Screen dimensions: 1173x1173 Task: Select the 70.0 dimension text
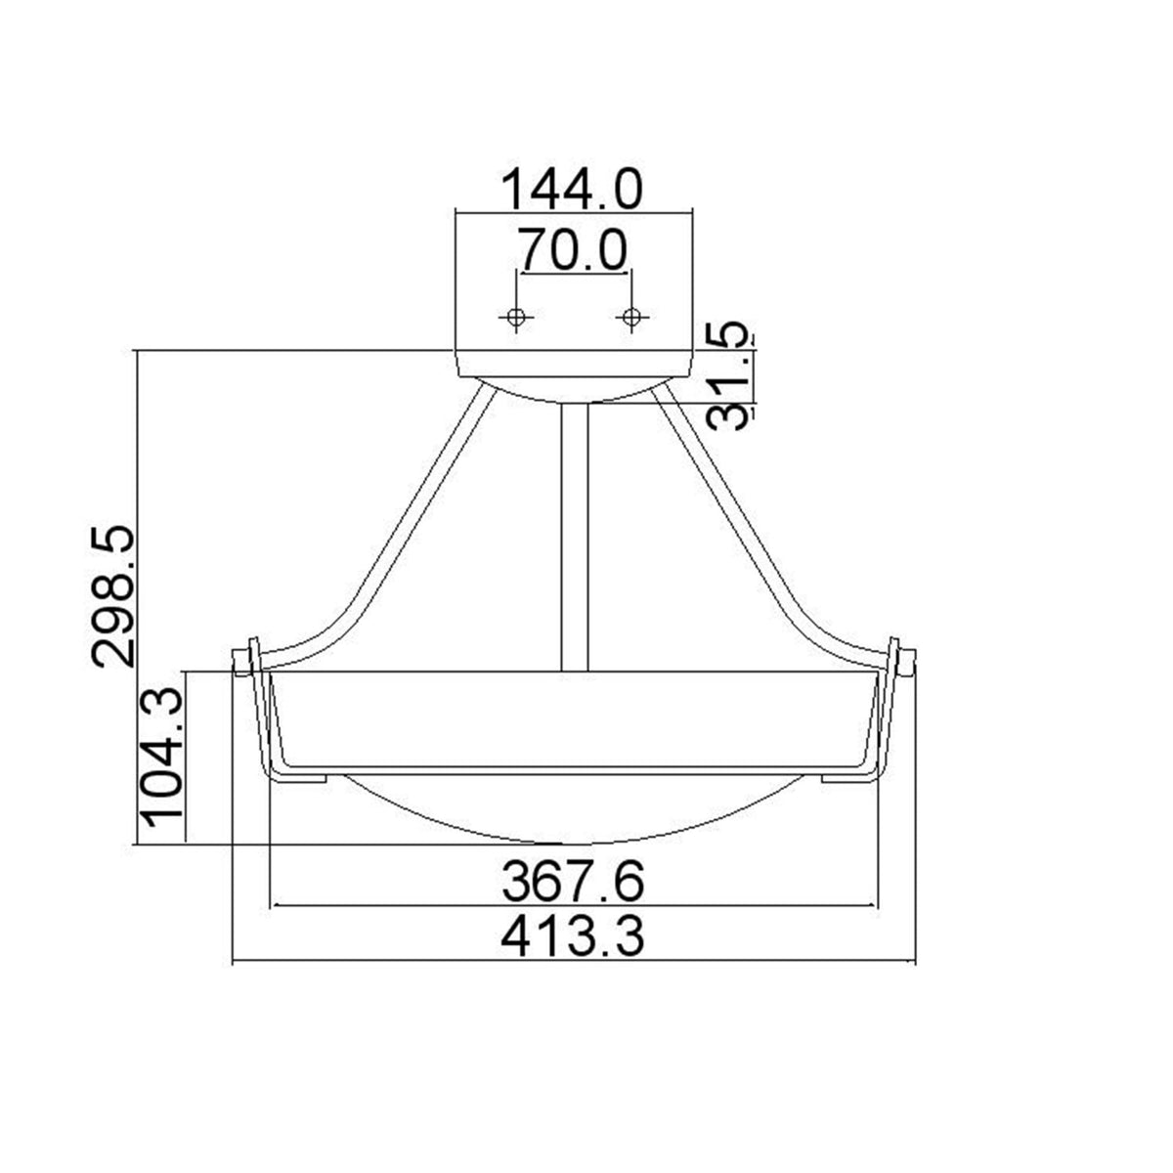coord(573,250)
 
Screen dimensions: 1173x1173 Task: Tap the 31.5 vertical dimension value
coord(731,376)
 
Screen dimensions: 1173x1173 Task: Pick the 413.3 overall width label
coord(573,939)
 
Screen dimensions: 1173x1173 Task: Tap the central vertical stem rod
coord(574,538)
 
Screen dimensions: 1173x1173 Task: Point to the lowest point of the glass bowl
coord(575,842)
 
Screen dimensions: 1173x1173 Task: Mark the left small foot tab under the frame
coord(298,778)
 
